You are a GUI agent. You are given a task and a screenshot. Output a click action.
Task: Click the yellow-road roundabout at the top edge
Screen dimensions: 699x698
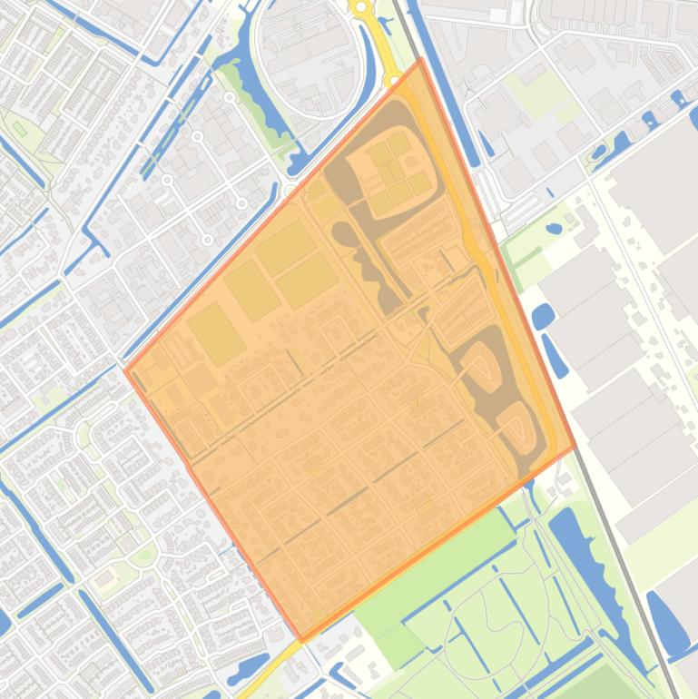pyautogui.click(x=361, y=8)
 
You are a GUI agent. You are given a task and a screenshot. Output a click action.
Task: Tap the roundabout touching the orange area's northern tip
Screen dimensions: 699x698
pyautogui.click(x=392, y=81)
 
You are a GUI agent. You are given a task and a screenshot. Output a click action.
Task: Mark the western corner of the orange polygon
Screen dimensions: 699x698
pyautogui.click(x=125, y=369)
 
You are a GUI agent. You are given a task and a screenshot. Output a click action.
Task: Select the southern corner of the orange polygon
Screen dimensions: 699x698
pyautogui.click(x=302, y=640)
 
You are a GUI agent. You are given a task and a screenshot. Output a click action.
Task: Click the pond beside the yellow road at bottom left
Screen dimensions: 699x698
pyautogui.click(x=250, y=668)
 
